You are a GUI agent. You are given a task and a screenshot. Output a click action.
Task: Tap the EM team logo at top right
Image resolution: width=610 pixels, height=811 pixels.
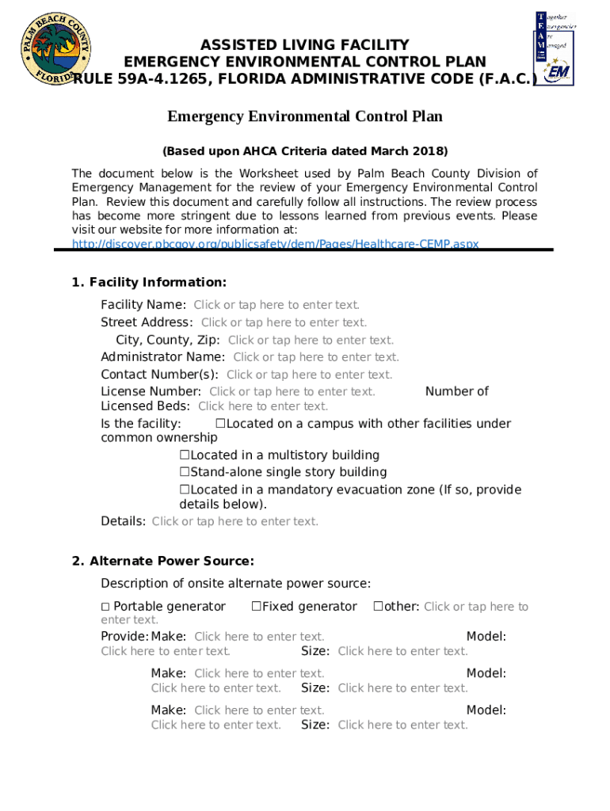coord(555,48)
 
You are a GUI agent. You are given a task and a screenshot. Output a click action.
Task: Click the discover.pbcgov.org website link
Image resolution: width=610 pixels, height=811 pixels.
coord(275,244)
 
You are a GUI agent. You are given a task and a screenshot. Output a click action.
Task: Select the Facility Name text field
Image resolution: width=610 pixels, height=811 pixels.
coord(276,305)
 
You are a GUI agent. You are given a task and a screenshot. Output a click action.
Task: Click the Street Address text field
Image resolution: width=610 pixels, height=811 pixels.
coord(284,322)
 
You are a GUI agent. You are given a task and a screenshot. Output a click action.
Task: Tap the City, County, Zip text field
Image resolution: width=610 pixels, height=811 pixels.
coord(311,340)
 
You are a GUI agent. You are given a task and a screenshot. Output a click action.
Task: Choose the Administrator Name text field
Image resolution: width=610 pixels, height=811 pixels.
coord(316,357)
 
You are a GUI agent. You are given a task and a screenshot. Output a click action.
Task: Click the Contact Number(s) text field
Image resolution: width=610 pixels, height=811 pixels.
coord(309,375)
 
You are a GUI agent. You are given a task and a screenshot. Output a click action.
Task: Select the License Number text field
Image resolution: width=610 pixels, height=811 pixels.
coord(292,391)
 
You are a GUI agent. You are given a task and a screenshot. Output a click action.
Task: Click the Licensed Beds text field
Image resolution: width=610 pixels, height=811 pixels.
coord(263,406)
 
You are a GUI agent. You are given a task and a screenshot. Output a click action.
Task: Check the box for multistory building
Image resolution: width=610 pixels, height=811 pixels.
coord(185,455)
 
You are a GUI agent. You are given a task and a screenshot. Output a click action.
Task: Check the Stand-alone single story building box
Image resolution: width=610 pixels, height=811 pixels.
coord(185,473)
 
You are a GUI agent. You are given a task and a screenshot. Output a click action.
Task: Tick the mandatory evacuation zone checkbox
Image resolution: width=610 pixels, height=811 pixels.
coord(185,490)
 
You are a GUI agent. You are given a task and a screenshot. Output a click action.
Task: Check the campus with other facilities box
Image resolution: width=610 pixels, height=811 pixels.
coord(221,424)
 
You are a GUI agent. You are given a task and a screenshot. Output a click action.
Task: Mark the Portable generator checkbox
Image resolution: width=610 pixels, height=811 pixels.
coord(105,607)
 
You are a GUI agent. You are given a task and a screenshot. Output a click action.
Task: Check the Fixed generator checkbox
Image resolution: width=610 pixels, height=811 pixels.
coord(257,607)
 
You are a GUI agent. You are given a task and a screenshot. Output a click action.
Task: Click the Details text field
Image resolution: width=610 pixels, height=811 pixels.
coord(234,521)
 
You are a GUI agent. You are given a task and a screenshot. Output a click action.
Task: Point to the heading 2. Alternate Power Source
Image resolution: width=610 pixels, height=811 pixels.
coord(162,562)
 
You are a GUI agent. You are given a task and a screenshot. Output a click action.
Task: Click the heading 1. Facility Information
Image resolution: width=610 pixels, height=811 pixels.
coord(149,283)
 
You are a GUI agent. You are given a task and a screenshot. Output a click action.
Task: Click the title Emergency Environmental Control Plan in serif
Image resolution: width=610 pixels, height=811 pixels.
coord(305,117)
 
